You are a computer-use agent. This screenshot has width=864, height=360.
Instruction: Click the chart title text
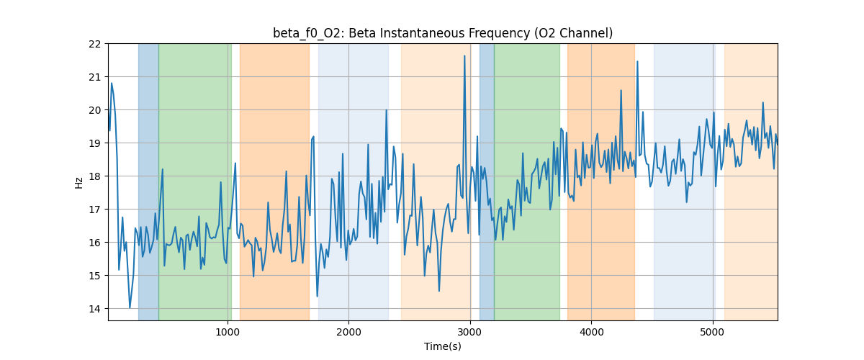pos(442,33)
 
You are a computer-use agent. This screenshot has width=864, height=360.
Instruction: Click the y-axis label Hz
pos(79,182)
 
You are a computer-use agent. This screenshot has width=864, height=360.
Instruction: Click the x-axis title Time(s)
pos(442,346)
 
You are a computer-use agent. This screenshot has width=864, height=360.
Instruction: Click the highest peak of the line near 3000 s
pos(464,56)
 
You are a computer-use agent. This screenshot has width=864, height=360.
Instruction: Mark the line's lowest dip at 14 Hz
pos(130,307)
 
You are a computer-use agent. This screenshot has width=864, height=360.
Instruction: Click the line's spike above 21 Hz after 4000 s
pos(637,62)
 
